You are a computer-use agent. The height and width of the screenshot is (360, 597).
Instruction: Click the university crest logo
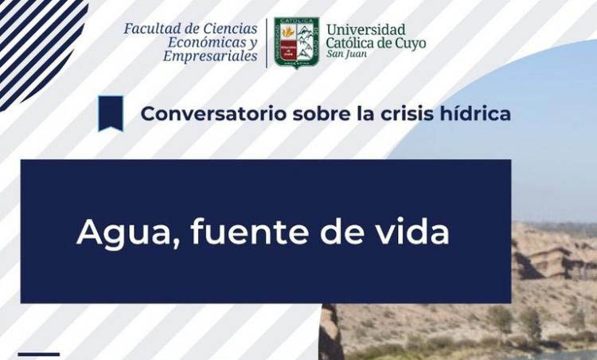point(296,43)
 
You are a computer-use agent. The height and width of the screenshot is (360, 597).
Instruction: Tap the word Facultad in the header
point(150,29)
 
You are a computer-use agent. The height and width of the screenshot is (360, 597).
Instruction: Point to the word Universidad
point(365,30)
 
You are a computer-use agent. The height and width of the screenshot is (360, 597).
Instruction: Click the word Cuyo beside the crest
point(409,44)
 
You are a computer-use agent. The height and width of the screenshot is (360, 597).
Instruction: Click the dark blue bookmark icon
point(111,112)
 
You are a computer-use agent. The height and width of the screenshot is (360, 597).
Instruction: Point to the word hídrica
point(477,114)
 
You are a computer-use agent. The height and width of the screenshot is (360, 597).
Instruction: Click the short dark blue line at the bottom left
point(38,353)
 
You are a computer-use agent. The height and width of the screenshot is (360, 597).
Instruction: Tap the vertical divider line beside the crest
point(266,43)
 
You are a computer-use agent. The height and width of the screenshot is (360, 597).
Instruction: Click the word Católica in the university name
point(355,44)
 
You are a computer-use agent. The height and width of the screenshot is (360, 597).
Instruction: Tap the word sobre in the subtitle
point(322,114)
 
